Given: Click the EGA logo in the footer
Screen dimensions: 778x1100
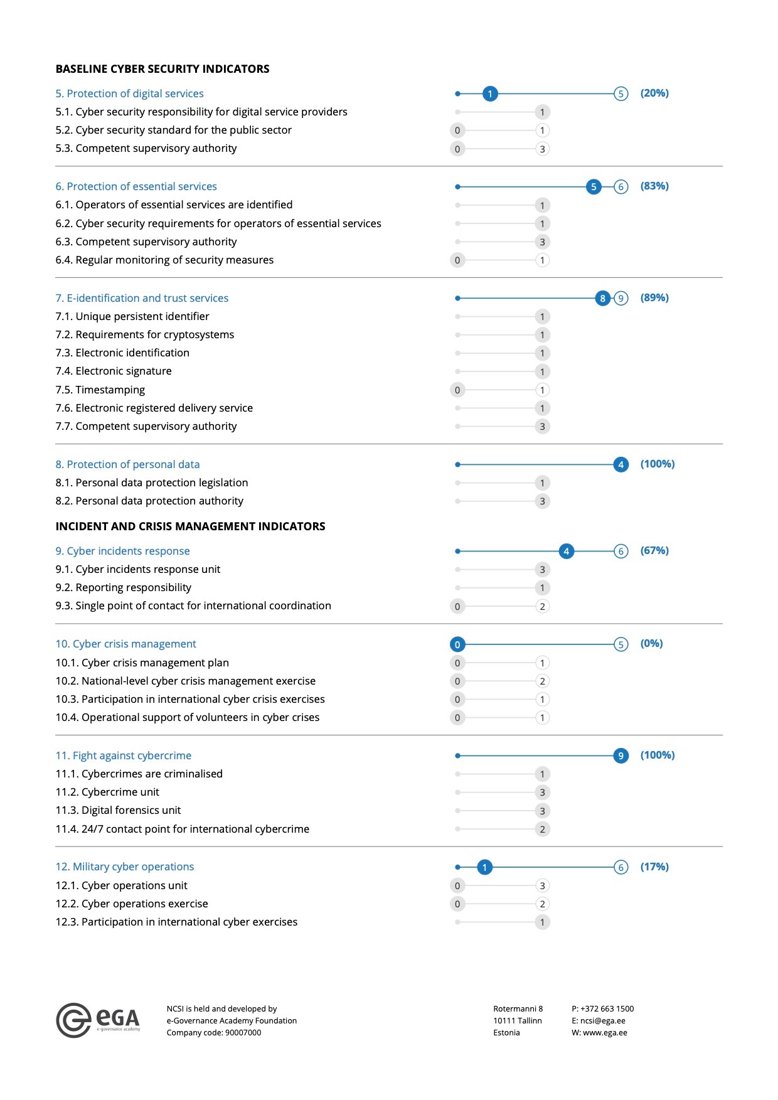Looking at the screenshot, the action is (98, 1020).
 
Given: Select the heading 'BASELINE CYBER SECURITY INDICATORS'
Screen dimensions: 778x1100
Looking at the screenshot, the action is (163, 69).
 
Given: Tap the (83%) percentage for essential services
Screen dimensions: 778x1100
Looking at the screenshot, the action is (654, 186).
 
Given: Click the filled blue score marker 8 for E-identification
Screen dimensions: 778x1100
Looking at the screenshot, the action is (602, 298).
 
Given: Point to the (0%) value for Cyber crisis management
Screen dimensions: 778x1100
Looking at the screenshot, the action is (651, 644).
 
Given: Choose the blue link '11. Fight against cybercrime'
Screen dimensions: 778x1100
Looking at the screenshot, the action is (124, 756).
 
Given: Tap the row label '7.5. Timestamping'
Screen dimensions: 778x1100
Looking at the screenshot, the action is (100, 390).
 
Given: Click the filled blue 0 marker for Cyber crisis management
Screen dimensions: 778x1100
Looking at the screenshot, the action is (457, 644).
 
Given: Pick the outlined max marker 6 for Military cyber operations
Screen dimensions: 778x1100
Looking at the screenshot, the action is (621, 867).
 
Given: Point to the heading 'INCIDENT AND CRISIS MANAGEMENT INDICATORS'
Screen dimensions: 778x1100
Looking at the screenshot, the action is (190, 526).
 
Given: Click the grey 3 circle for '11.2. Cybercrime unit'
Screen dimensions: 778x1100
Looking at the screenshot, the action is (543, 793).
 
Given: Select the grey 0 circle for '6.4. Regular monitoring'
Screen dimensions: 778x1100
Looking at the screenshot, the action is (457, 260).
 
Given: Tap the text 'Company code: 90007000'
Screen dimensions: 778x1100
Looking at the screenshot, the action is (214, 1032).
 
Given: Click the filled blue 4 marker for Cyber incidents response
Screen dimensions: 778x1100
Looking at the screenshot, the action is (567, 552).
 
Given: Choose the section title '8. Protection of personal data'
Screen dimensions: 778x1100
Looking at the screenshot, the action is (127, 464).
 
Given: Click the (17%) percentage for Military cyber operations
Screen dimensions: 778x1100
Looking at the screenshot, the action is (654, 867).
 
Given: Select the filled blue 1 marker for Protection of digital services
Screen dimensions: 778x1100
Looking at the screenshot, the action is (490, 94).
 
